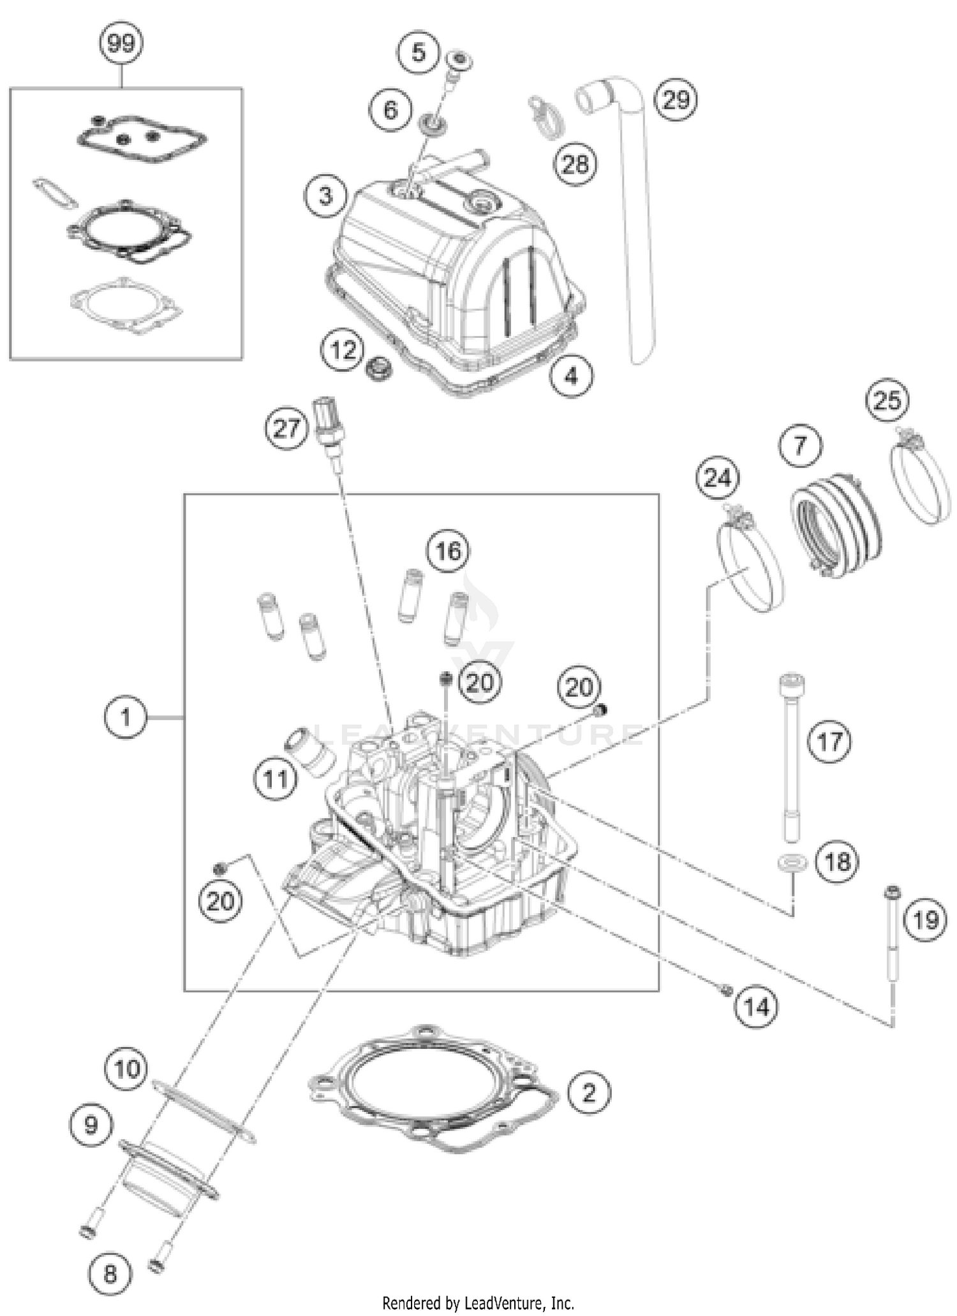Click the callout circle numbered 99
pos(121,44)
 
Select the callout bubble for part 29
pos(676,100)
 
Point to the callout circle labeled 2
pos(588,1093)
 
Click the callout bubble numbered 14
pos(756,1008)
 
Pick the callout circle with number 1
pos(125,718)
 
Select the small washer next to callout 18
pos(792,863)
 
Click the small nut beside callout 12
pos(378,368)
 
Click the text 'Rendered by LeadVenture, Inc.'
pos(478,1303)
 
